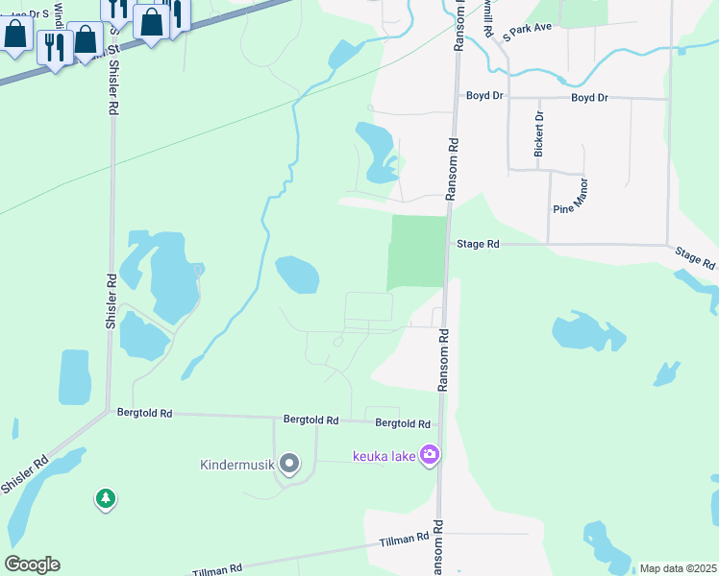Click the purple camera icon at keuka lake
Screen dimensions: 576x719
coord(430,455)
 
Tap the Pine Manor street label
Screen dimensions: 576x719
coord(569,195)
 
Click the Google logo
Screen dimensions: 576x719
coord(32,564)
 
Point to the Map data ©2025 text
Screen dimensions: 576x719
coord(677,568)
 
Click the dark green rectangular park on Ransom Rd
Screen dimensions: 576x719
coord(417,252)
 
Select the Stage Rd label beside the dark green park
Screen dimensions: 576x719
coord(478,245)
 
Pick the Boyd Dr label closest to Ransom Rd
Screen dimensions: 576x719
coord(485,97)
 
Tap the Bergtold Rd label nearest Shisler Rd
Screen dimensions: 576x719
coord(144,414)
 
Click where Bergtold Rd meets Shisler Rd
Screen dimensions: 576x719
coord(108,413)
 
